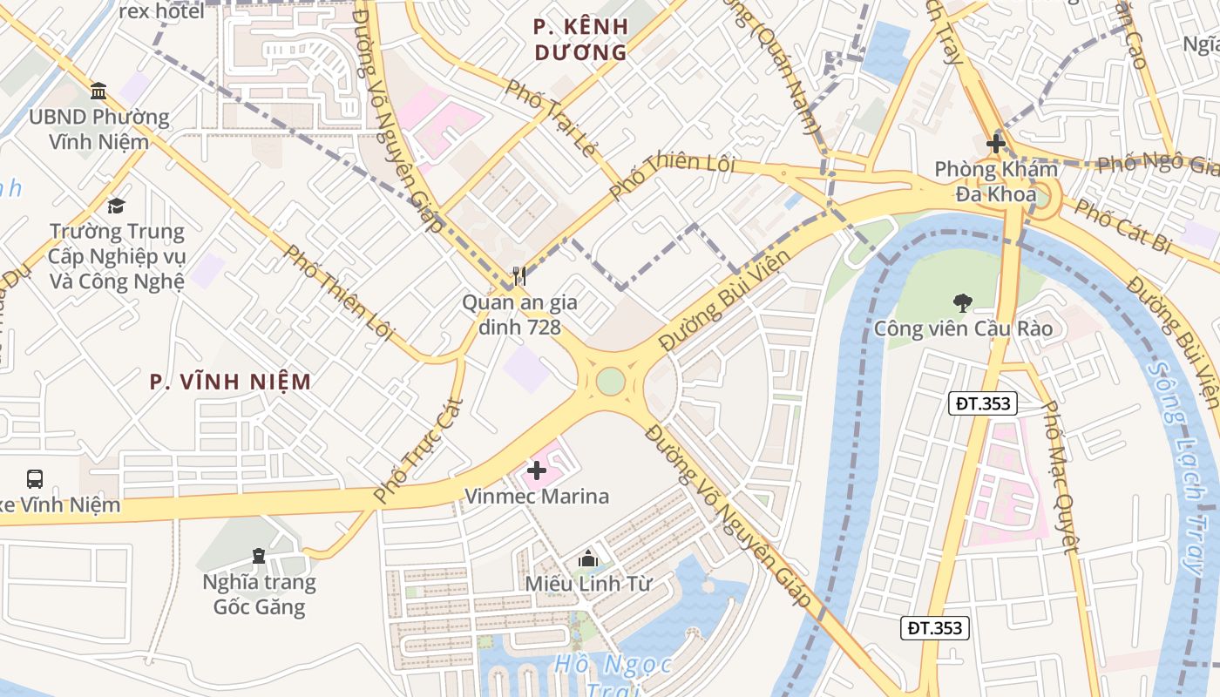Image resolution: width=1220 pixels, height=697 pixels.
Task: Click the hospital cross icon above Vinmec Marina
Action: click(x=537, y=470)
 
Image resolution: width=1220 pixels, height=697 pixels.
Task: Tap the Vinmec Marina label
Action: click(x=537, y=497)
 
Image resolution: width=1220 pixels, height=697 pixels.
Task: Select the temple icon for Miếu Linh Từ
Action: click(x=588, y=558)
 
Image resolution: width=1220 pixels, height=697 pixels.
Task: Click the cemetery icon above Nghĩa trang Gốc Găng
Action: click(x=259, y=555)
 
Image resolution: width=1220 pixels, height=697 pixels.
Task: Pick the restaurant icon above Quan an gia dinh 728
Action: click(x=519, y=276)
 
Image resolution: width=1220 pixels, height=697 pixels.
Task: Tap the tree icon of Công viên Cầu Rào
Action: click(x=963, y=303)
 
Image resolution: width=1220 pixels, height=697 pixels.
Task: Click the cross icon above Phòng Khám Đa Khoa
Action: click(x=996, y=144)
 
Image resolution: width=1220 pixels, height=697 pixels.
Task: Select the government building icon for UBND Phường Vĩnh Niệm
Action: click(x=98, y=91)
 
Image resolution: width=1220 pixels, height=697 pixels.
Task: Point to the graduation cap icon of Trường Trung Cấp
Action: click(x=116, y=206)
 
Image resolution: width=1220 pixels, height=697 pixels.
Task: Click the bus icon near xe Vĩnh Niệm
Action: click(x=35, y=478)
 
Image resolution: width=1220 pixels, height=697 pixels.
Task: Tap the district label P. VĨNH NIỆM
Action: click(x=230, y=382)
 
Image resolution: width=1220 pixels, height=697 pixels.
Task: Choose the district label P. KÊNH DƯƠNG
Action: click(x=580, y=40)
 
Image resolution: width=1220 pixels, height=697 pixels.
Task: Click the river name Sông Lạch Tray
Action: click(x=1176, y=466)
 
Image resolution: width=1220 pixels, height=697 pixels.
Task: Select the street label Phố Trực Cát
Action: click(x=418, y=450)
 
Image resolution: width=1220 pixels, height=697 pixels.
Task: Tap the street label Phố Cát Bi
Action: click(x=1121, y=226)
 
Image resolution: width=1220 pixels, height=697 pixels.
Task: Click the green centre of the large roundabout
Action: click(x=611, y=381)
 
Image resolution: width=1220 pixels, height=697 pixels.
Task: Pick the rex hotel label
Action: click(x=161, y=11)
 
